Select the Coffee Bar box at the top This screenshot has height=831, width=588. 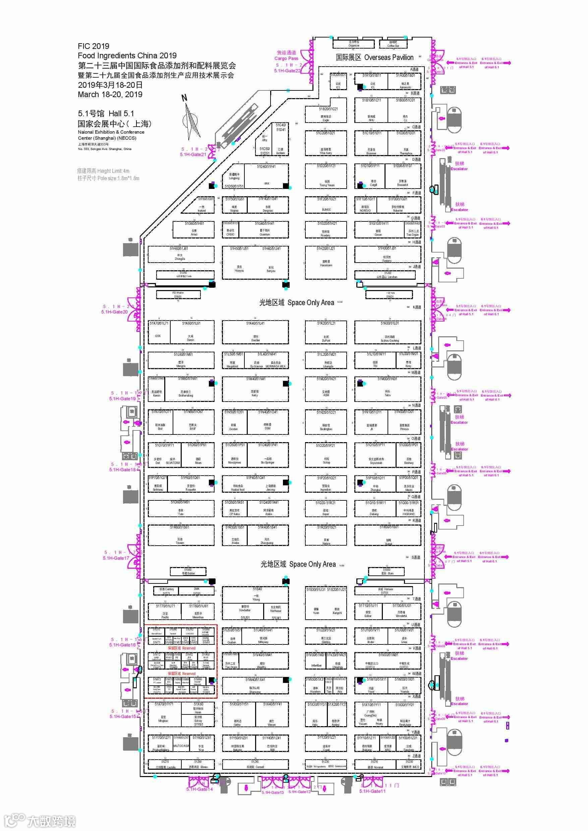393,44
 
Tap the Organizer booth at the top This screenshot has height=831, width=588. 354,44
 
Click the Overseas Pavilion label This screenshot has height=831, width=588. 374,57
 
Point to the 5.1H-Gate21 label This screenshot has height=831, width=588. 193,154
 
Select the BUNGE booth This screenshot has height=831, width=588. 326,205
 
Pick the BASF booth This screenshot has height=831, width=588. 193,421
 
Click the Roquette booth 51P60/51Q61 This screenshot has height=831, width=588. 191,484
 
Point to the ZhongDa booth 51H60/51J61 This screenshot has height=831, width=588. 180,254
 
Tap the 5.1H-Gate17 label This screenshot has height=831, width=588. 116,558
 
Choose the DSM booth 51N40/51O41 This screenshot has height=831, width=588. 268,421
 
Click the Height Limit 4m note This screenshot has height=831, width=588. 103,171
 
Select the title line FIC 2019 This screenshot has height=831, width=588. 94,46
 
